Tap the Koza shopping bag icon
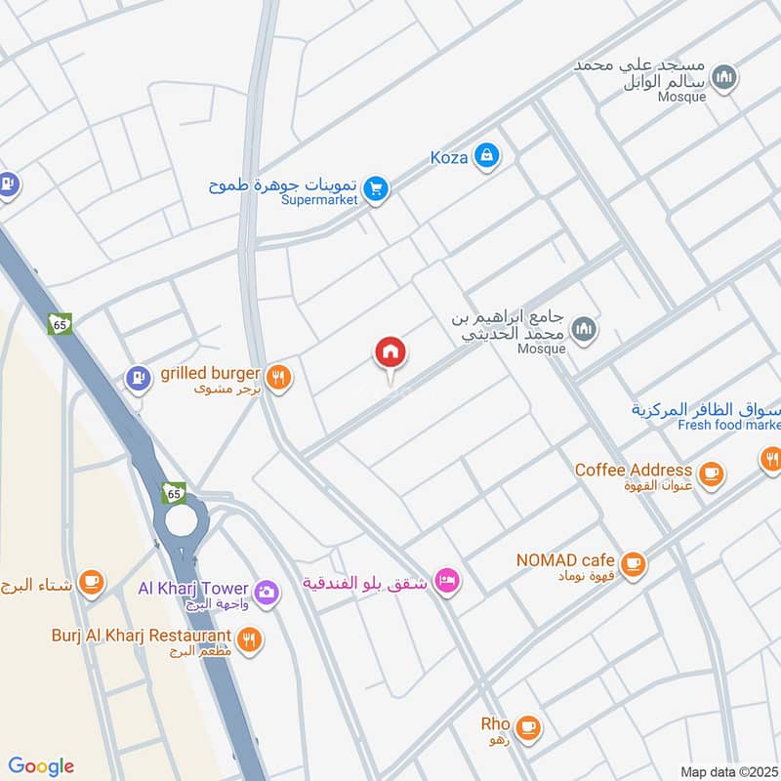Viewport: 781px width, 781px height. click(x=486, y=154)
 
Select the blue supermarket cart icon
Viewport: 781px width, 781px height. click(x=375, y=189)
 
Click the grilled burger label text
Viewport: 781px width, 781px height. click(x=210, y=373)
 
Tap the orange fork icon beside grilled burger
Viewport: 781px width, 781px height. click(x=279, y=376)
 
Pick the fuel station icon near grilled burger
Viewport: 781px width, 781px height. click(x=140, y=377)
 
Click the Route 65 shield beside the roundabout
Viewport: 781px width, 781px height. click(x=175, y=494)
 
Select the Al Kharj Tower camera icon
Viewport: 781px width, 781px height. click(x=266, y=591)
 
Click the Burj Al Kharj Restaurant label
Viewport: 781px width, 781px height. click(x=142, y=637)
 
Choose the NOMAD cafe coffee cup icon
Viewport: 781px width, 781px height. click(x=634, y=563)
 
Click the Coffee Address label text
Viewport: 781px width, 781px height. click(x=633, y=471)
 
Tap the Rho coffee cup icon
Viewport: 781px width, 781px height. click(x=528, y=726)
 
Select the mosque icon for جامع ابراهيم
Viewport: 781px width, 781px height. click(x=584, y=329)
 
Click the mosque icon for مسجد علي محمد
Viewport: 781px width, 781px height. click(x=723, y=78)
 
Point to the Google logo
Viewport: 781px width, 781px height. click(x=41, y=765)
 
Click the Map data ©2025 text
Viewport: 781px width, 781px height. click(x=728, y=771)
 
